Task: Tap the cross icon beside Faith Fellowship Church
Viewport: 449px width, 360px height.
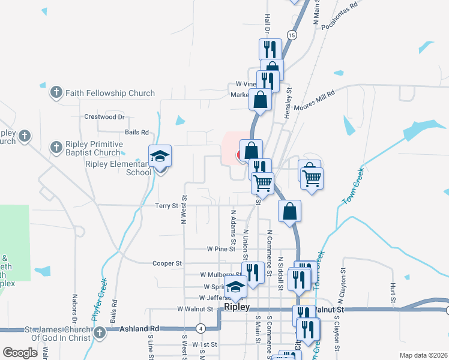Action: point(56,92)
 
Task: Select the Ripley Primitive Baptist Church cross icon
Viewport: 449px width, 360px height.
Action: point(56,147)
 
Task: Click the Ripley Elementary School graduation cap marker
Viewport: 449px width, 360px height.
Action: point(160,157)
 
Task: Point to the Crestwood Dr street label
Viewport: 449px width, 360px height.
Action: point(104,117)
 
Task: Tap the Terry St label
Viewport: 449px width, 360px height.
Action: point(167,205)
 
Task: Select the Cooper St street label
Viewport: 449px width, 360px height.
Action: point(167,263)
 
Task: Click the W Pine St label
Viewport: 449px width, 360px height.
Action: point(220,248)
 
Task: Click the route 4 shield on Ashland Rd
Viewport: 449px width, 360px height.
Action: point(200,328)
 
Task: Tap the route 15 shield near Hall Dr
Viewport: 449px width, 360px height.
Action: point(292,36)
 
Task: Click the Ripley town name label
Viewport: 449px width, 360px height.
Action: point(237,307)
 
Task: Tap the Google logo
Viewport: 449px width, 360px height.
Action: point(20,353)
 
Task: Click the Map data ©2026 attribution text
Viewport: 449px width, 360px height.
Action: point(424,355)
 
